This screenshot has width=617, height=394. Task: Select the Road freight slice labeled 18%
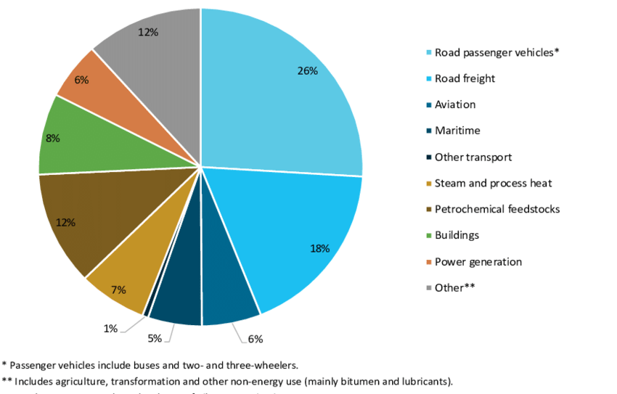click(x=298, y=232)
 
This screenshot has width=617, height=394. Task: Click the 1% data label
click(x=110, y=329)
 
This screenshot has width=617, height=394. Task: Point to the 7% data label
click(x=119, y=290)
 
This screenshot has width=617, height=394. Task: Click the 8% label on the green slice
click(x=52, y=138)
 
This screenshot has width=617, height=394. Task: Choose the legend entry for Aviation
click(x=455, y=104)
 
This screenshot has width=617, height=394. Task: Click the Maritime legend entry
click(x=457, y=131)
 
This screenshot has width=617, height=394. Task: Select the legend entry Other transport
click(x=473, y=157)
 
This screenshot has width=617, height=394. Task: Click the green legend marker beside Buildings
click(x=429, y=236)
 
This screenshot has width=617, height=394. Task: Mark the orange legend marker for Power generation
click(x=429, y=262)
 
